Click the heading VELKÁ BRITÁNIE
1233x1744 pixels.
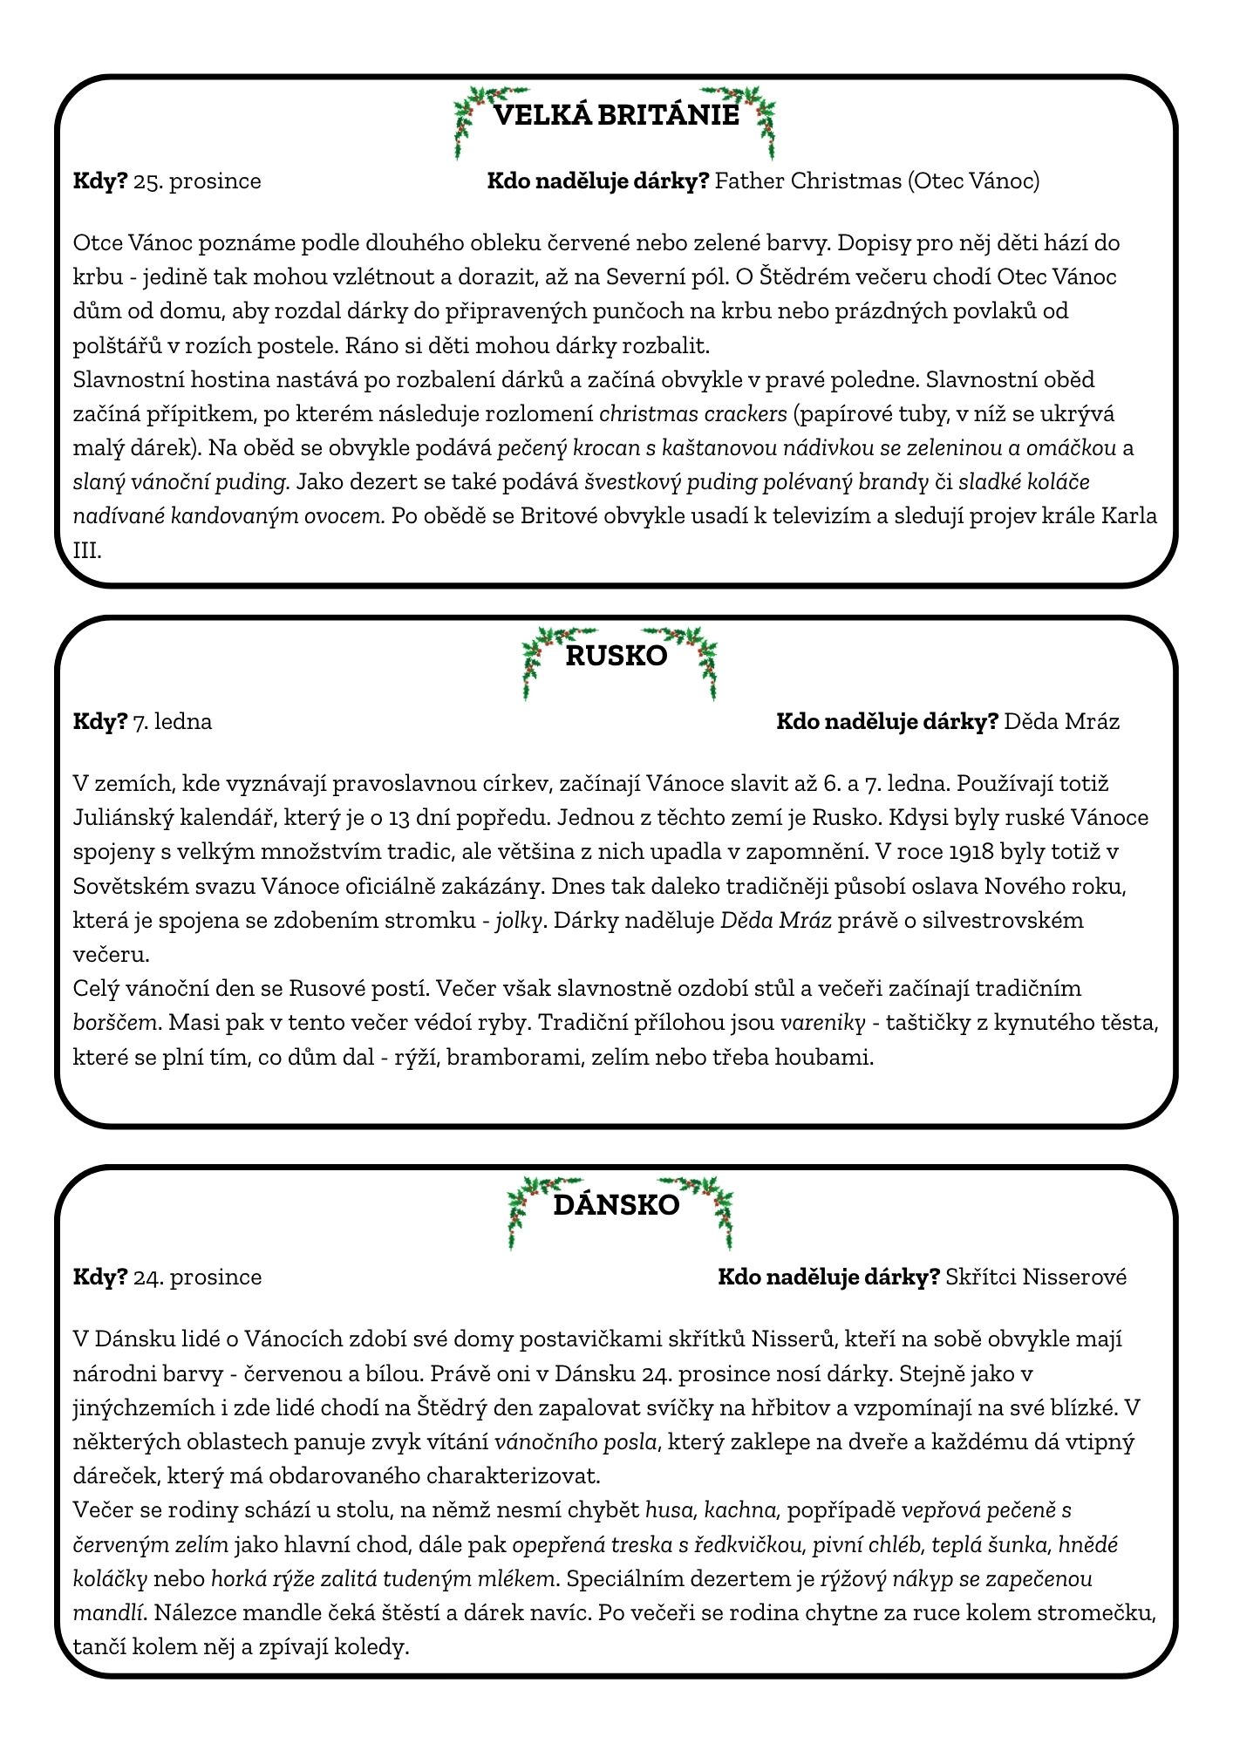pyautogui.click(x=616, y=115)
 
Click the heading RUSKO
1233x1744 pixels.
pyautogui.click(x=616, y=656)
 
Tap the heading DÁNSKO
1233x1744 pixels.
pyautogui.click(x=616, y=1205)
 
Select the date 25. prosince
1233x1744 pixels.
pyautogui.click(x=197, y=181)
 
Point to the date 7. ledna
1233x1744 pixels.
pyautogui.click(x=173, y=722)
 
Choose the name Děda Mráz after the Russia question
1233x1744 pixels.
pyautogui.click(x=1061, y=722)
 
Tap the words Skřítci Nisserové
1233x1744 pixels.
pyautogui.click(x=1036, y=1277)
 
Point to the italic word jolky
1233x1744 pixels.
pyautogui.click(x=520, y=921)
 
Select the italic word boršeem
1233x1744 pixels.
pyautogui.click(x=115, y=1023)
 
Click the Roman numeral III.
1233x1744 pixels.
pyautogui.click(x=87, y=551)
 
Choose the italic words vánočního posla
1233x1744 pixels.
pyautogui.click(x=576, y=1442)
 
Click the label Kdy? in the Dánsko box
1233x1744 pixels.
pyautogui.click(x=100, y=1277)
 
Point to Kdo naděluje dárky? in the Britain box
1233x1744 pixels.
pyautogui.click(x=597, y=181)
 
